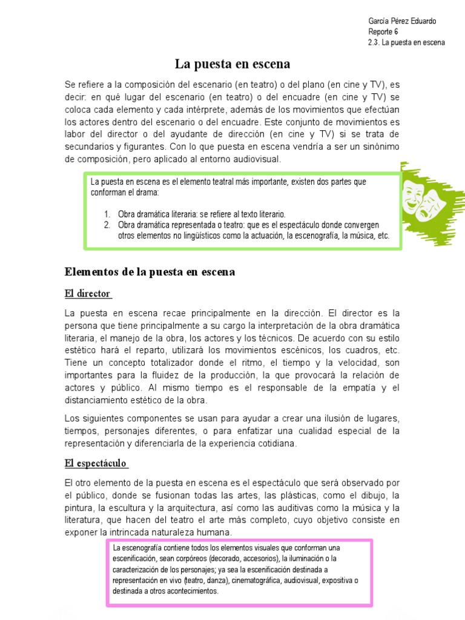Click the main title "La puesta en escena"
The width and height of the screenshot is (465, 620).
click(x=232, y=64)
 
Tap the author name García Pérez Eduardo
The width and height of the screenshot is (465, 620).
click(x=402, y=21)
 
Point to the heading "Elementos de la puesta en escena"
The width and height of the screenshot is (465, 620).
click(x=150, y=272)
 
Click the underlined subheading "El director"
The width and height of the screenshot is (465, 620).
click(x=88, y=294)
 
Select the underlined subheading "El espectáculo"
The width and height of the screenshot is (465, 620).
click(x=96, y=463)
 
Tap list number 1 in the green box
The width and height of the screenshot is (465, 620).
click(x=107, y=214)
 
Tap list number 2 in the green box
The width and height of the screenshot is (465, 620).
click(x=107, y=225)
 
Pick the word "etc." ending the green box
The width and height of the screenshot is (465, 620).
click(x=383, y=236)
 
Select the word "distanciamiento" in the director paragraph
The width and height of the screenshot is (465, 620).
click(x=98, y=400)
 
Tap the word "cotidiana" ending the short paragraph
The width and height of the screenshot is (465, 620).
click(x=276, y=443)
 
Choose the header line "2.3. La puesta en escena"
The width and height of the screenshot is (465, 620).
click(x=406, y=43)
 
